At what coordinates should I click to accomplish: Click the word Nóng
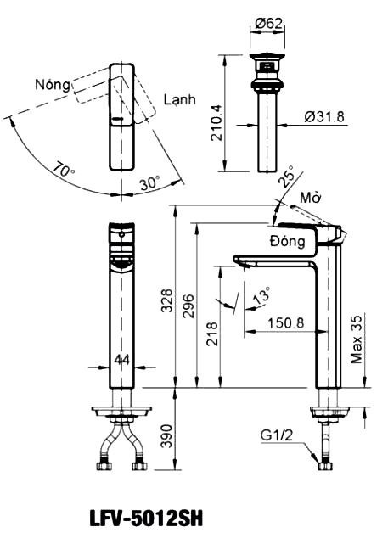[53, 85]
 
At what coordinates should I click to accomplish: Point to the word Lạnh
[180, 100]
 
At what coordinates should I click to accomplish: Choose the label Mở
[311, 198]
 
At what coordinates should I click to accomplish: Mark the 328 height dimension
[167, 300]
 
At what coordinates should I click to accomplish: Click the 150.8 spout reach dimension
[285, 323]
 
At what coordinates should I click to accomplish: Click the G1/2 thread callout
[277, 438]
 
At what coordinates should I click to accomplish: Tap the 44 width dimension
[121, 361]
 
